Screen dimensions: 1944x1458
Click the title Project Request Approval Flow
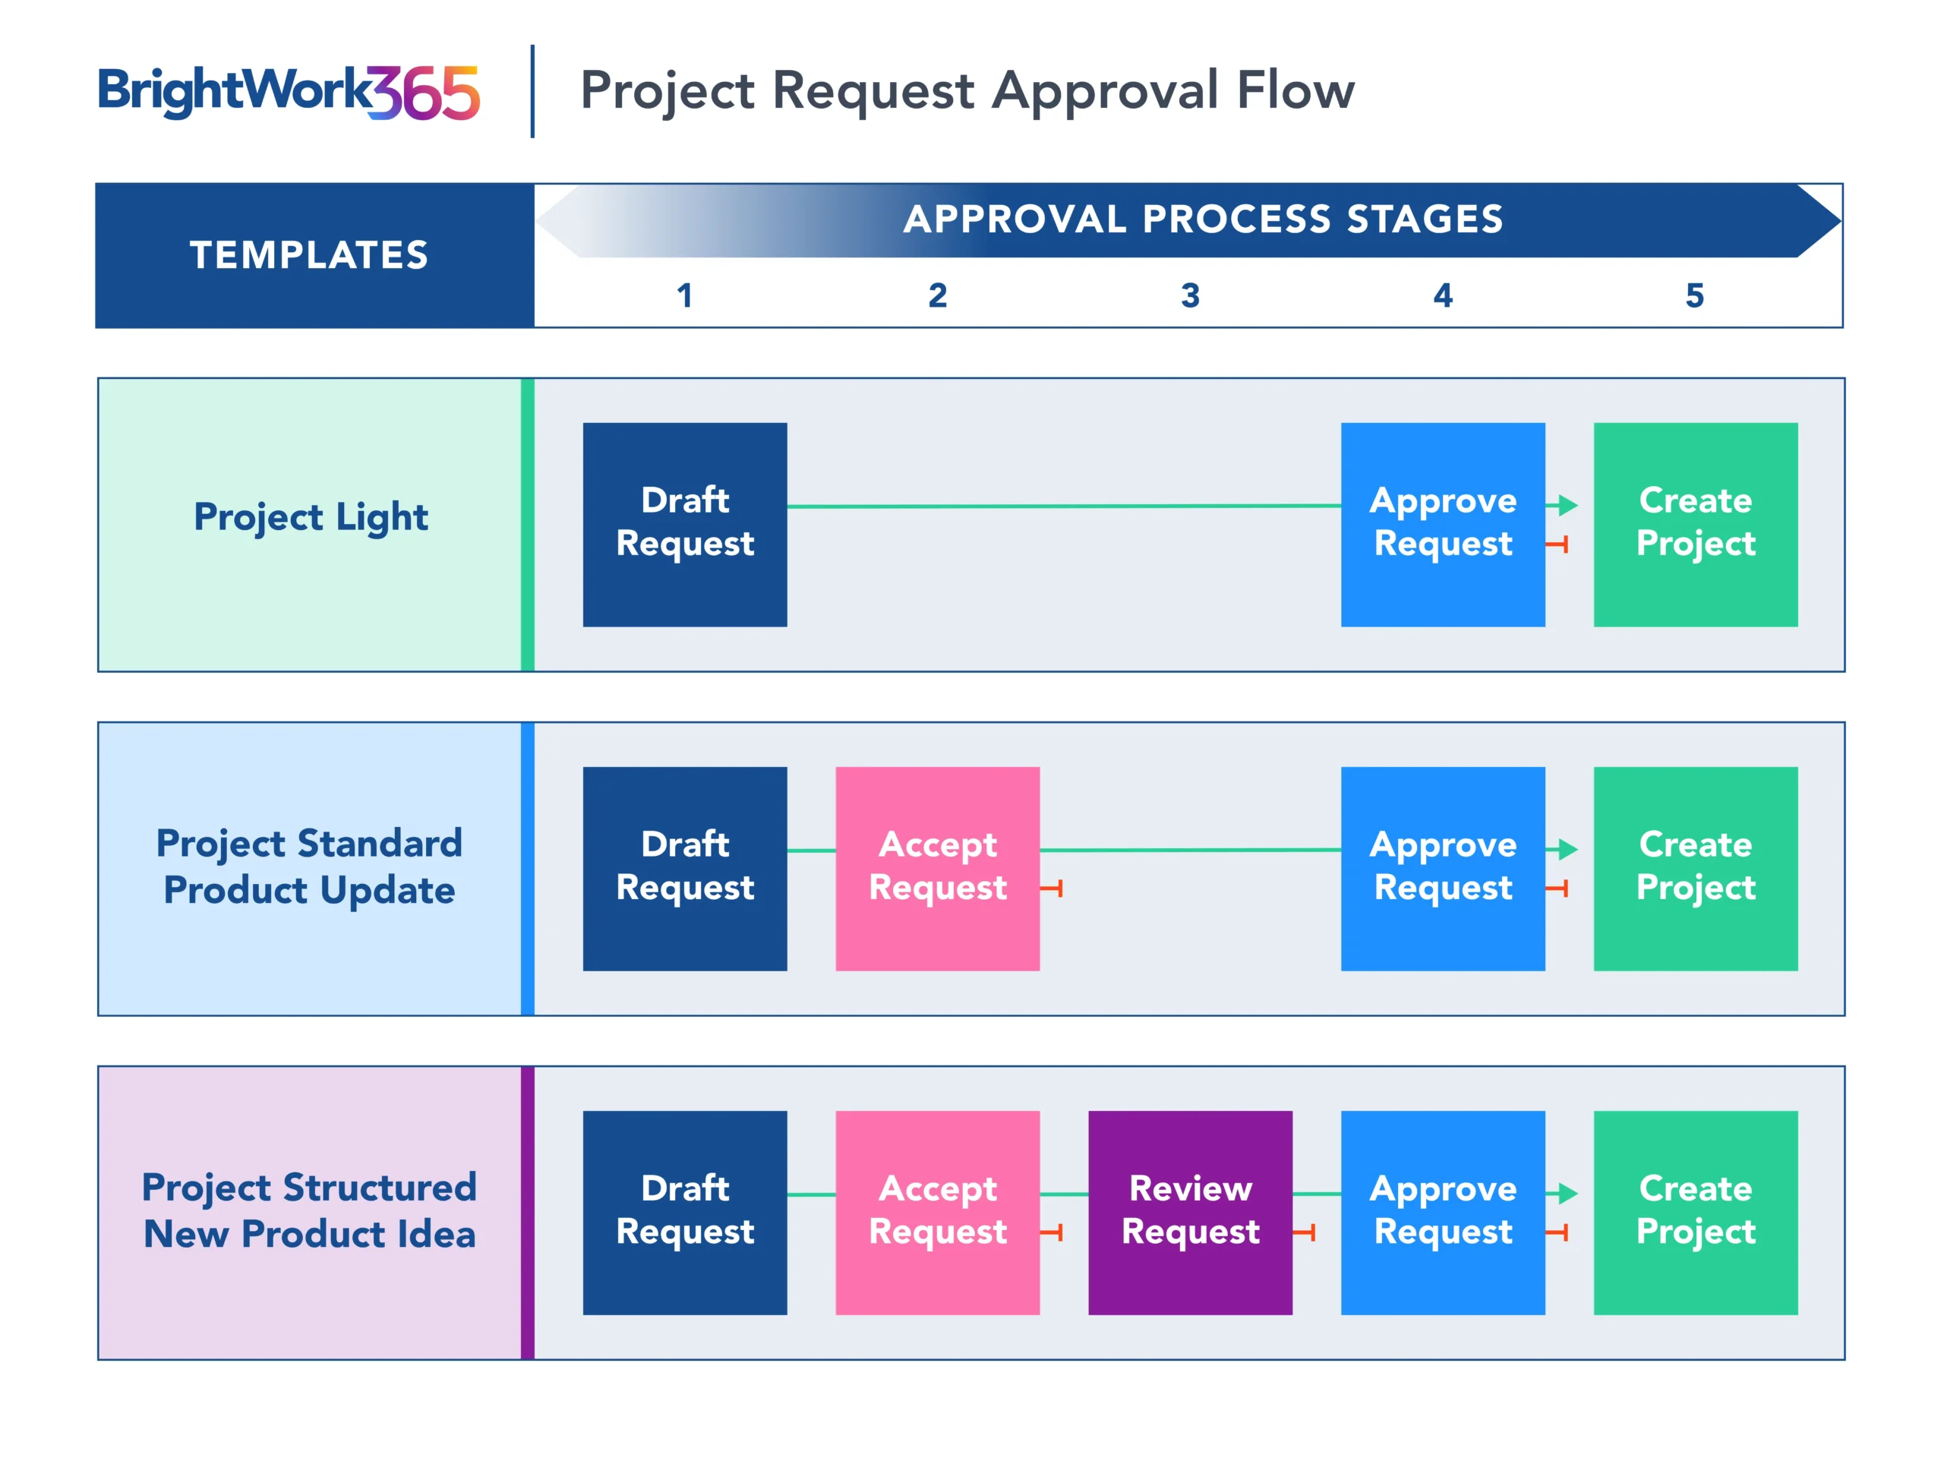[x=967, y=90]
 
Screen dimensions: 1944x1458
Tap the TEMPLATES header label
[x=309, y=255]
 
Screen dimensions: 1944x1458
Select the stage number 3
[x=1190, y=295]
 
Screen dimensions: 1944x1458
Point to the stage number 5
[x=1694, y=295]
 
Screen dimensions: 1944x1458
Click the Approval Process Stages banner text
[x=1203, y=219]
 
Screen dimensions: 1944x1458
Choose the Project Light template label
[x=311, y=517]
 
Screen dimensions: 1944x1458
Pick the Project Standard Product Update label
[x=309, y=866]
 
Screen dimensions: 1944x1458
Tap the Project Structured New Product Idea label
[x=309, y=1210]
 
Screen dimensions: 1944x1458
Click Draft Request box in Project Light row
[x=685, y=525]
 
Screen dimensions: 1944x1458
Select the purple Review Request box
[x=1190, y=1213]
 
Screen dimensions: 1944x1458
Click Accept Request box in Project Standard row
[x=938, y=868]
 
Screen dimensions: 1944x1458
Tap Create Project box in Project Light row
[x=1695, y=525]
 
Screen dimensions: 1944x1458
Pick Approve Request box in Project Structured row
[x=1443, y=1213]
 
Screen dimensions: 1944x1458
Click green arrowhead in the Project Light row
[x=1568, y=505]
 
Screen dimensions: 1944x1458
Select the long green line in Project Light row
[x=1065, y=507]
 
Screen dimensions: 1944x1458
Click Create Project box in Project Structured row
[x=1695, y=1213]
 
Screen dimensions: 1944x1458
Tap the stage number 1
[x=685, y=295]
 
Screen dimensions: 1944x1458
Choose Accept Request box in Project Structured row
[x=938, y=1213]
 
